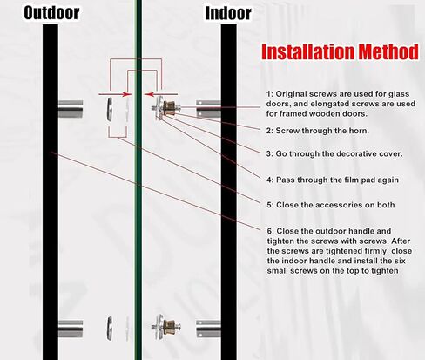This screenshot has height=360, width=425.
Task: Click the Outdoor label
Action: [x=51, y=13]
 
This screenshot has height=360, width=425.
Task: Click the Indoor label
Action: [x=228, y=13]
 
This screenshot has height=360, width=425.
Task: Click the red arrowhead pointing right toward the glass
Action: [x=127, y=94]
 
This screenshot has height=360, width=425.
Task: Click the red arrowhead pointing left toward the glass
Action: [x=149, y=94]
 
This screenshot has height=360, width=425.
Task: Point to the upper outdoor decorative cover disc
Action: [x=110, y=109]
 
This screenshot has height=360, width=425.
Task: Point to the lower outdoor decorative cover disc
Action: [x=110, y=329]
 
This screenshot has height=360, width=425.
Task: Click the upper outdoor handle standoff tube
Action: [x=71, y=109]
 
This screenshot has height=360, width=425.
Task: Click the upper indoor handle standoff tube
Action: [x=209, y=109]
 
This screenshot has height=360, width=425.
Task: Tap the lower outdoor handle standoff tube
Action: [x=71, y=329]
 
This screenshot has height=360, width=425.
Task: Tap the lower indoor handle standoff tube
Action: [x=209, y=329]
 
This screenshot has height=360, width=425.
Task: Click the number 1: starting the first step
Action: [x=270, y=94]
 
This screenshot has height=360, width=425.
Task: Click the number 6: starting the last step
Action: [x=270, y=231]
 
